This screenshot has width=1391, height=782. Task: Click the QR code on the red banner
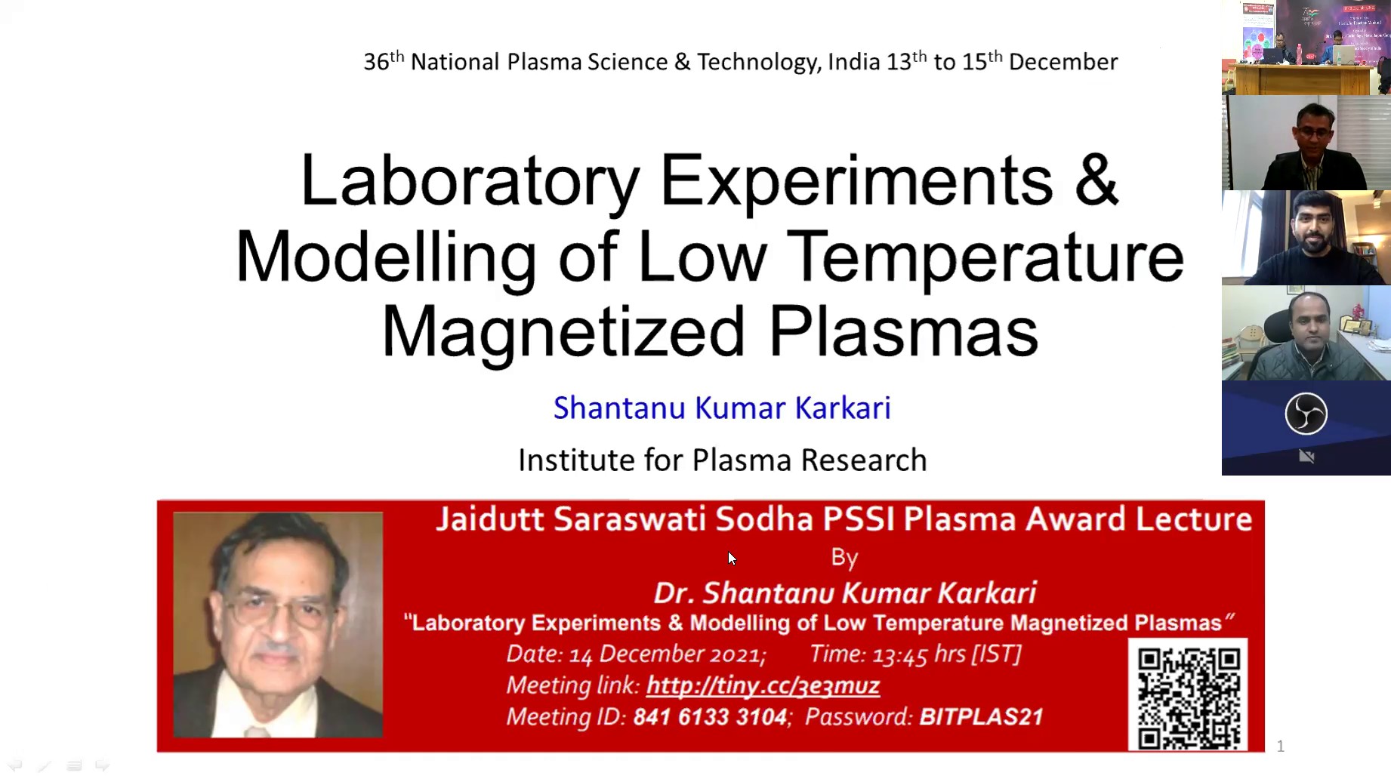coord(1188,695)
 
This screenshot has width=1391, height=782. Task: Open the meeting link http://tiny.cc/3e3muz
coord(763,685)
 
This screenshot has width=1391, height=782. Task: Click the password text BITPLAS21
coord(981,716)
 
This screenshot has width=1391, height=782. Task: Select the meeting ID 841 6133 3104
coord(710,716)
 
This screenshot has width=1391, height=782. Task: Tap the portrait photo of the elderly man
coord(278,624)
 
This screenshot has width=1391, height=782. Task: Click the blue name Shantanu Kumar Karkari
coord(722,408)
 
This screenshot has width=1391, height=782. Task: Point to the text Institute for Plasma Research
coord(722,460)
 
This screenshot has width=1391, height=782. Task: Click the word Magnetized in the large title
coord(563,333)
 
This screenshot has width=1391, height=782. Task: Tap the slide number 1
coord(1280,747)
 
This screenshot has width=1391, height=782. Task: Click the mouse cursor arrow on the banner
coord(732,559)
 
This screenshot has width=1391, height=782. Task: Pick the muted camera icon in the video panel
coord(1306,457)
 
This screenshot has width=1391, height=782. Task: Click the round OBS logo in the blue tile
coord(1306,414)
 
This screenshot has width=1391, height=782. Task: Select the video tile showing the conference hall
coord(1306,48)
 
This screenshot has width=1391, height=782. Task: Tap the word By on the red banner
coord(844,558)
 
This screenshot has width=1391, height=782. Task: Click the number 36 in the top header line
coord(376,62)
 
